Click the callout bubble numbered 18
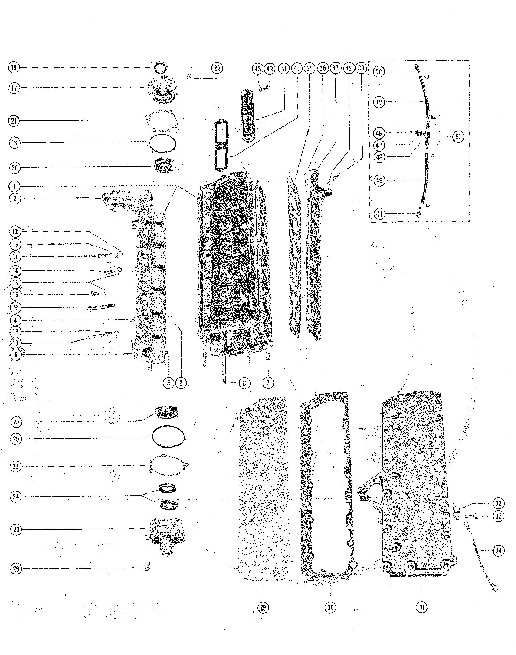coord(13,67)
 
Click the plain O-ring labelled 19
coord(162,143)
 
